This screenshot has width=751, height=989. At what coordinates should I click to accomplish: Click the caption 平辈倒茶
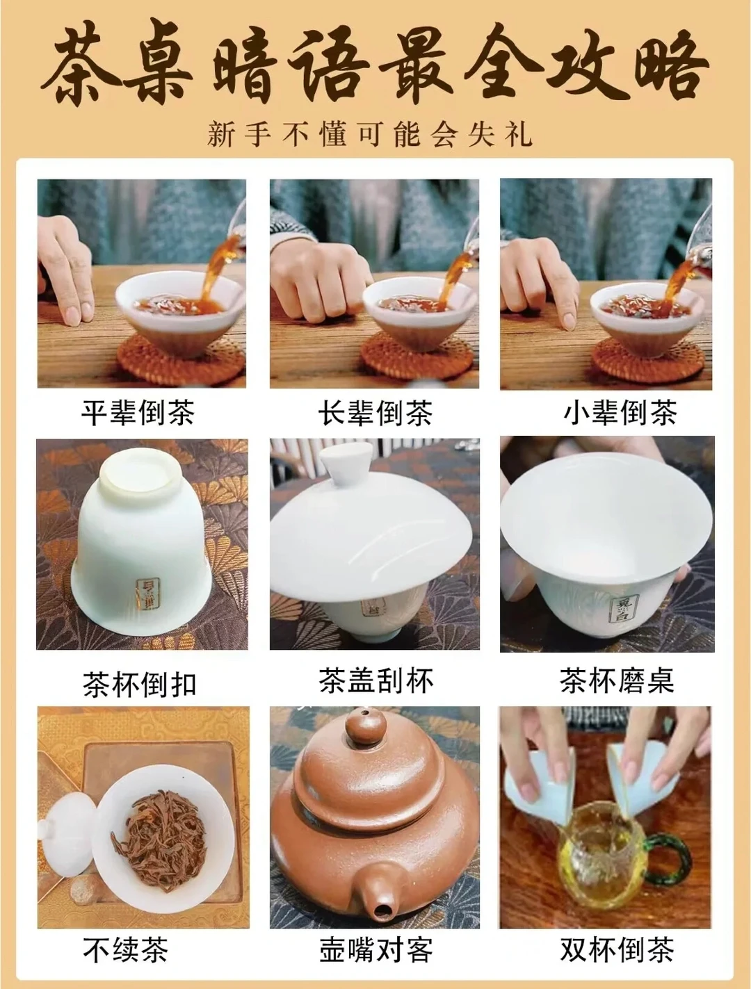click(138, 413)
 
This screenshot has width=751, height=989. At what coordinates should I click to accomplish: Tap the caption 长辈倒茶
click(375, 413)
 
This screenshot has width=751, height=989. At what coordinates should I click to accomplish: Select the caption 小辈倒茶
click(620, 413)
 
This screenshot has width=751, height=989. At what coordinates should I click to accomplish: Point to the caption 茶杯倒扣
click(139, 685)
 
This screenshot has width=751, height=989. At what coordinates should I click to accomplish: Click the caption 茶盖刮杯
click(375, 680)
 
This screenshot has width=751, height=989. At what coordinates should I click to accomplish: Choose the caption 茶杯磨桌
click(617, 680)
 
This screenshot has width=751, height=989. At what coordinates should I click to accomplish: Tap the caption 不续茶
click(125, 949)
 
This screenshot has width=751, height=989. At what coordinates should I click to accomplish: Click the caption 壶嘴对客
click(375, 949)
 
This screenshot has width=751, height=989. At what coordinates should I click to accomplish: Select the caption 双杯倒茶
click(617, 949)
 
